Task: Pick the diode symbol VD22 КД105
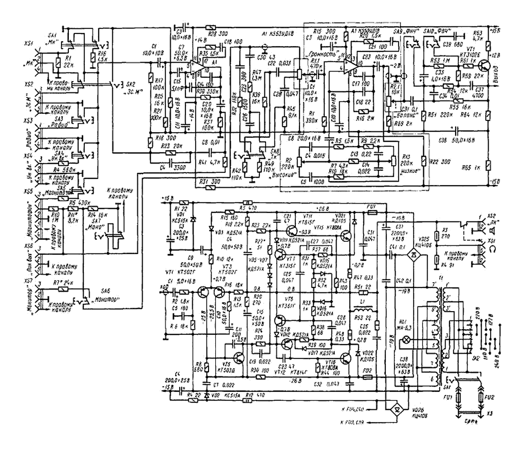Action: [358, 352]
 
